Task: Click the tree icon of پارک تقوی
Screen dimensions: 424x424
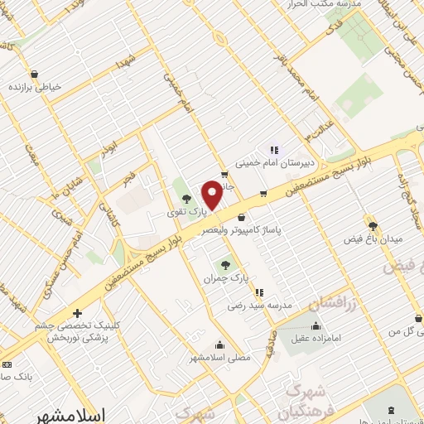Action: pyautogui.click(x=185, y=199)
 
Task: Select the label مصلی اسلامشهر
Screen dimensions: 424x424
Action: pyautogui.click(x=219, y=357)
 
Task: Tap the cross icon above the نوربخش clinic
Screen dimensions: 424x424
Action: pyautogui.click(x=76, y=314)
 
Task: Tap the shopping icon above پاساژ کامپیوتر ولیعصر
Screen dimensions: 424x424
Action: pyautogui.click(x=240, y=217)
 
